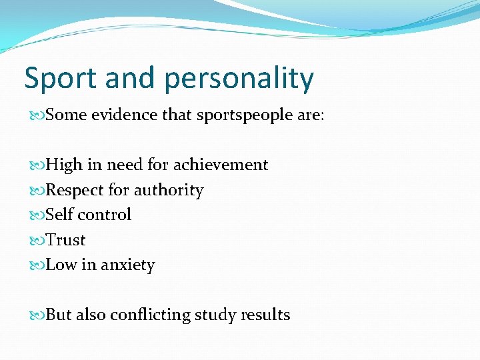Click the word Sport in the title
[x=58, y=79]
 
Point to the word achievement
[x=221, y=165]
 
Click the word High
[x=64, y=165]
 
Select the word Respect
[x=75, y=191]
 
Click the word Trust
[x=66, y=240]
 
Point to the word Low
[x=61, y=265]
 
